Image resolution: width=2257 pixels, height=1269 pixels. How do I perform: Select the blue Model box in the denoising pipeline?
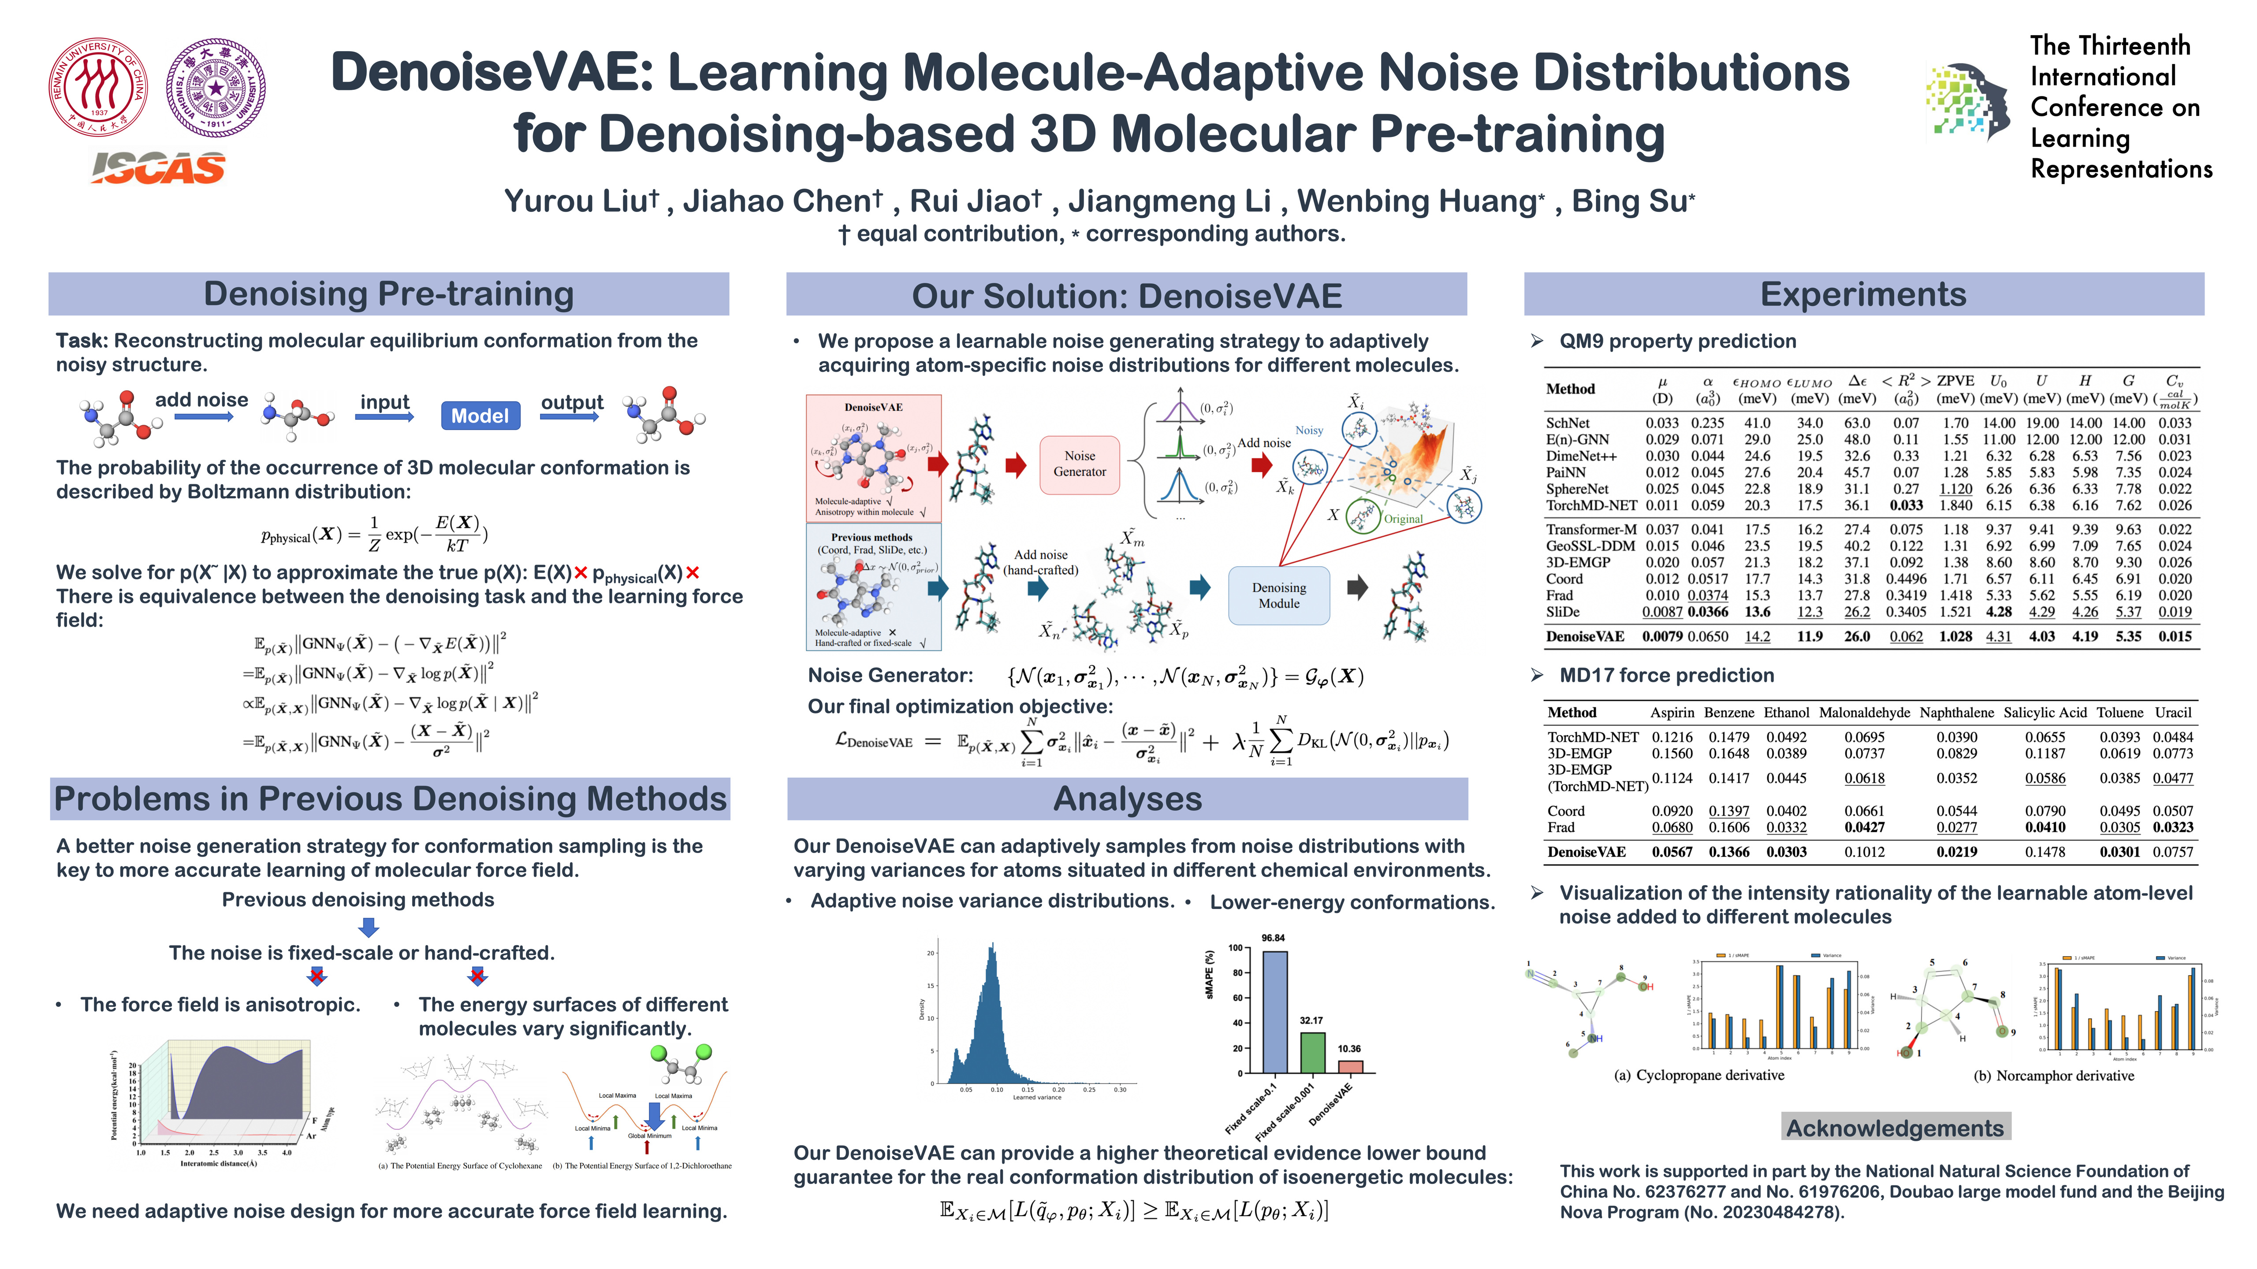tap(480, 415)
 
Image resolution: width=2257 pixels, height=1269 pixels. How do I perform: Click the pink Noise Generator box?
tap(1080, 464)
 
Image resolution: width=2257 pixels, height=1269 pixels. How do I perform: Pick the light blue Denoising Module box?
tap(1278, 596)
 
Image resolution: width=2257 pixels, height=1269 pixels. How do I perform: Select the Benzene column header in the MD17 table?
tap(1728, 713)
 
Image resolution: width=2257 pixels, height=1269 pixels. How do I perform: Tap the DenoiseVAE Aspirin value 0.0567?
tap(1672, 852)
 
